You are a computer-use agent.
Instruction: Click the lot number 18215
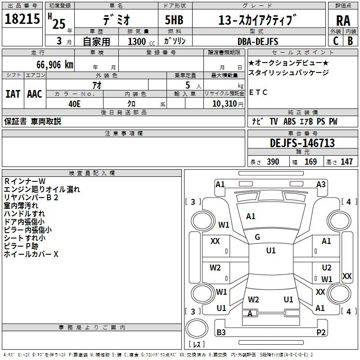click(x=22, y=18)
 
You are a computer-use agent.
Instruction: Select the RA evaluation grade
click(x=343, y=21)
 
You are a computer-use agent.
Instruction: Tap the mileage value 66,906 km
click(x=55, y=65)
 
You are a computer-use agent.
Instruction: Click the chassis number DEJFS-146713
click(x=302, y=143)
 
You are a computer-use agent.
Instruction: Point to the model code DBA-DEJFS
click(x=258, y=41)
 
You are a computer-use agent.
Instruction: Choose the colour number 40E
click(x=75, y=104)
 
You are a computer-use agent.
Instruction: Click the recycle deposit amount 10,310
click(x=225, y=103)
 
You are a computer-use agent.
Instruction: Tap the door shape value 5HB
click(x=174, y=20)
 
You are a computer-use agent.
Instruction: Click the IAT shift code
click(x=13, y=94)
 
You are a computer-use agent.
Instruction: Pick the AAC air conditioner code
click(x=35, y=94)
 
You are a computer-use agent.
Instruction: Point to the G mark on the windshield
click(x=257, y=237)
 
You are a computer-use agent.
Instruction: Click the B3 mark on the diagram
click(x=221, y=333)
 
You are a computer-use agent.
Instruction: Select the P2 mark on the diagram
click(x=321, y=333)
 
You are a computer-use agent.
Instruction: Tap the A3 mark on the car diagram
click(x=321, y=184)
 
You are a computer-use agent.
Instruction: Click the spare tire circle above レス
click(x=197, y=328)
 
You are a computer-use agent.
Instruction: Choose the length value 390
click(x=273, y=162)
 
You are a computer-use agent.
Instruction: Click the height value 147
click(x=346, y=162)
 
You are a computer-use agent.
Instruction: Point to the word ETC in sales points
click(x=258, y=92)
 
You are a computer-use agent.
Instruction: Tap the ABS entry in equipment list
click(x=289, y=121)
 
